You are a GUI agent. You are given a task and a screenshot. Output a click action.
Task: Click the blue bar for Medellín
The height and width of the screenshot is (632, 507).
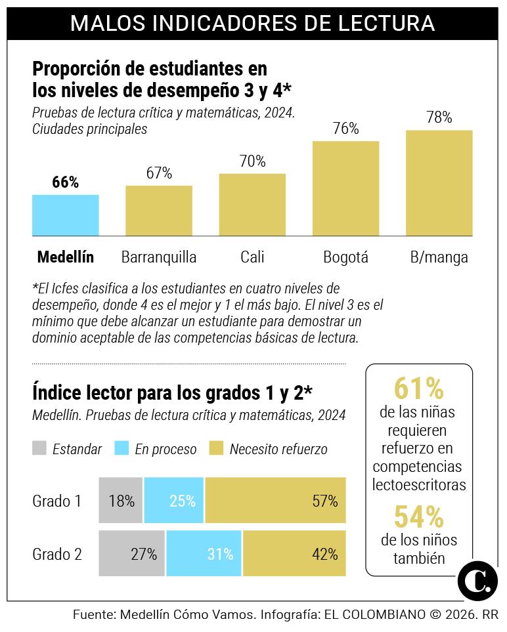66,215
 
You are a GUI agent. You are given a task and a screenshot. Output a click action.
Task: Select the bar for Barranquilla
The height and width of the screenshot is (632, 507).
159,211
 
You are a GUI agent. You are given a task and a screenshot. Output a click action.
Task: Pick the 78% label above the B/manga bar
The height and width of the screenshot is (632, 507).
439,117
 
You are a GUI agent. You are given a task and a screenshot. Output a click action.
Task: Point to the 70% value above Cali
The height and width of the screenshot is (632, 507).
252,161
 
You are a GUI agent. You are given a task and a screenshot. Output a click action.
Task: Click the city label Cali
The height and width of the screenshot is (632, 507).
252,257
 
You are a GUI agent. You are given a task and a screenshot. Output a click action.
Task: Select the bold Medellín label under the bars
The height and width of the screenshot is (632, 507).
66,257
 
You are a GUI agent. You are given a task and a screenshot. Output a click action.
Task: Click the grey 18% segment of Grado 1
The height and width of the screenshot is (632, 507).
121,501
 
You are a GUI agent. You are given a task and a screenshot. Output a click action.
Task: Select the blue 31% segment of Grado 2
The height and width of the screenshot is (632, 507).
204,553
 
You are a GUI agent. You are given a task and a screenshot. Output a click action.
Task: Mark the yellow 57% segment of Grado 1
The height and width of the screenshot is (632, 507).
275,501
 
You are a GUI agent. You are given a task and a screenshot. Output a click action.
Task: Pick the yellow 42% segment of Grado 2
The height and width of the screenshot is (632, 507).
294,553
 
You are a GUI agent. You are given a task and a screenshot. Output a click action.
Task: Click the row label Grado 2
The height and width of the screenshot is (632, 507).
57,553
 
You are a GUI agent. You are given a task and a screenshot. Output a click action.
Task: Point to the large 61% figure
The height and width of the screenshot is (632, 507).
419,389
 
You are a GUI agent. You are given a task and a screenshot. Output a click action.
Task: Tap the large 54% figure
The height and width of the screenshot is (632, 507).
419,516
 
